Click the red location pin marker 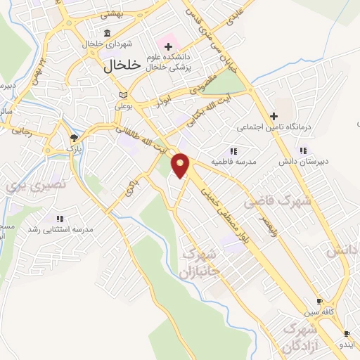[181, 166]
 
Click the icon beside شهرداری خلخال [106, 34]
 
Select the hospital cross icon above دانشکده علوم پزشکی [168, 46]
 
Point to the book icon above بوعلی [124, 94]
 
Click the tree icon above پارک [74, 137]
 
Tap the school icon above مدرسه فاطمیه [233, 150]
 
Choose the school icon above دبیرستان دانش [303, 150]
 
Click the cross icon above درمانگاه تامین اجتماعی [274, 116]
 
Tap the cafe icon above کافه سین [320, 300]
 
